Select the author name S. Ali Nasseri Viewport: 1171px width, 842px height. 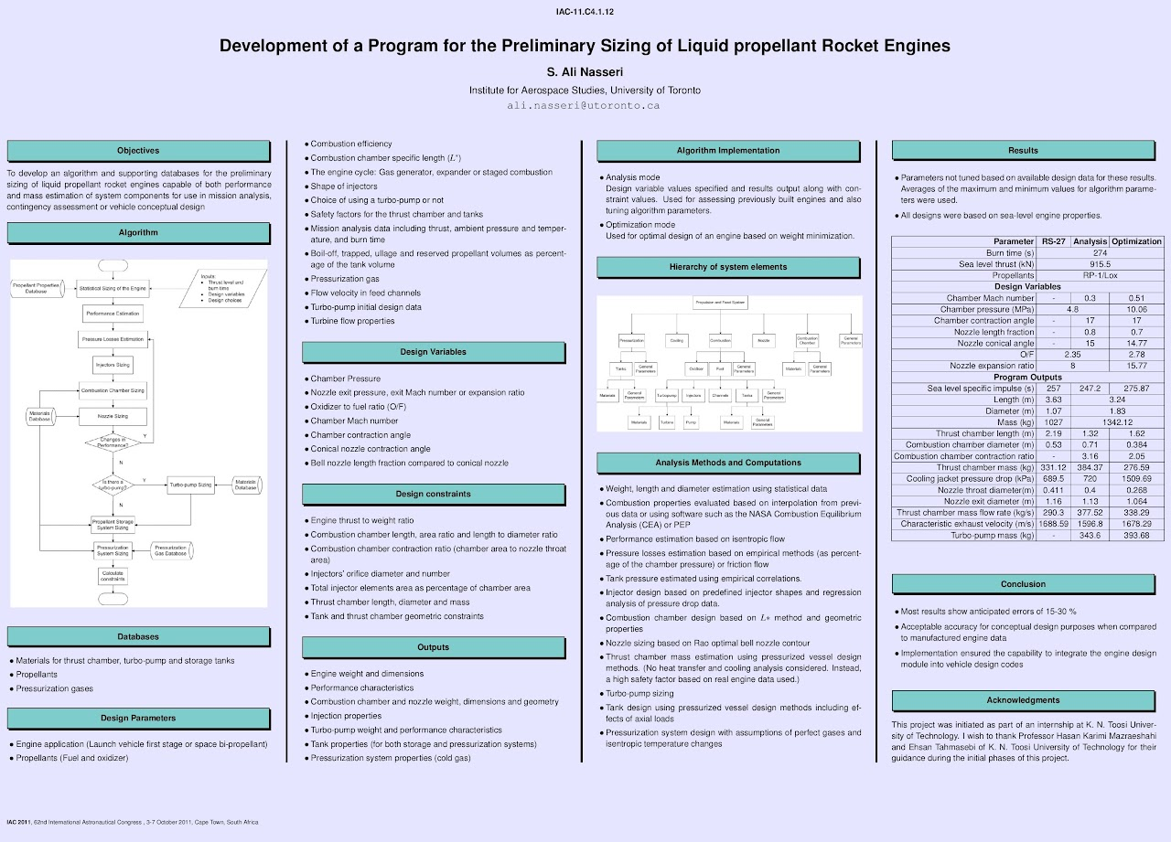click(x=585, y=72)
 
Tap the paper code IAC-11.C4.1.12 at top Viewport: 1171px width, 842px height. click(x=585, y=12)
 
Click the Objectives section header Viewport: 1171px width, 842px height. click(x=138, y=151)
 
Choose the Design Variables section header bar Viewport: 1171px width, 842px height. click(x=433, y=352)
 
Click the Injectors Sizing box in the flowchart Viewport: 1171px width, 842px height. click(x=113, y=365)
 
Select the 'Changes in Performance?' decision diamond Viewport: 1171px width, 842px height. click(x=113, y=442)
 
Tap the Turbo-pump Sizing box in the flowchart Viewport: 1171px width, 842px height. click(x=190, y=485)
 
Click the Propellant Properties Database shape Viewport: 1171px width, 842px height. click(x=36, y=288)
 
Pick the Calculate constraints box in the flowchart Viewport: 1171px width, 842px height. click(x=113, y=576)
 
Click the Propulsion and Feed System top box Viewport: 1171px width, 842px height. click(x=721, y=302)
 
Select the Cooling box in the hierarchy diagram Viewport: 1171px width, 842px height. click(x=676, y=340)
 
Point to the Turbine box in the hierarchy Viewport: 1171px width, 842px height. click(x=667, y=422)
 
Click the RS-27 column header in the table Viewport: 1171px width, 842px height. click(x=1054, y=241)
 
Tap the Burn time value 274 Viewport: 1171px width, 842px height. click(x=1100, y=253)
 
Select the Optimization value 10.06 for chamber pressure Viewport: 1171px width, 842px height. click(x=1136, y=310)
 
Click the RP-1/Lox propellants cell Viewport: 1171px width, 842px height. click(x=1100, y=275)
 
